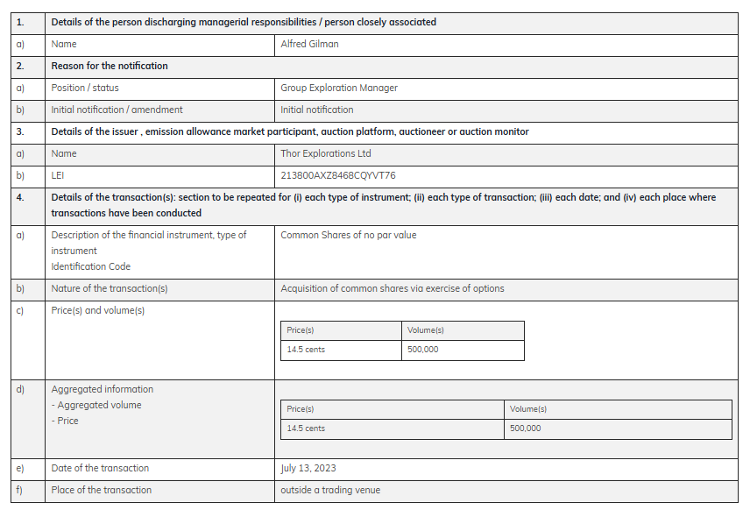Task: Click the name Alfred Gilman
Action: pos(309,44)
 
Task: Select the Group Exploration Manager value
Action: pos(339,88)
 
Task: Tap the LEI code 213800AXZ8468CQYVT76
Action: pos(337,175)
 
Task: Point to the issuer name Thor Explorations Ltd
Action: pos(326,153)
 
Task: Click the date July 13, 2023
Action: pos(308,468)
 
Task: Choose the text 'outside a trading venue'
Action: pos(330,490)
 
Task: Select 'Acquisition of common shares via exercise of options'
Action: pos(392,288)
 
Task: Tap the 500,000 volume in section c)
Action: pos(423,350)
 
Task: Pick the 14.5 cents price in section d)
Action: pos(306,428)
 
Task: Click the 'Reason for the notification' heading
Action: pos(110,66)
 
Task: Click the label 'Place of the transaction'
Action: pos(101,490)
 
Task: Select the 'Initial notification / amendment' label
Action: pos(117,110)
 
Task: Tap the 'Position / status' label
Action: pos(85,88)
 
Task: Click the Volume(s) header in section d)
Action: pos(528,409)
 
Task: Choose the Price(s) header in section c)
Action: pos(301,330)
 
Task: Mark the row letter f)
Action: pos(19,490)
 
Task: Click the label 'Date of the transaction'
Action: pos(100,468)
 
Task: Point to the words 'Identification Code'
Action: pos(90,266)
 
